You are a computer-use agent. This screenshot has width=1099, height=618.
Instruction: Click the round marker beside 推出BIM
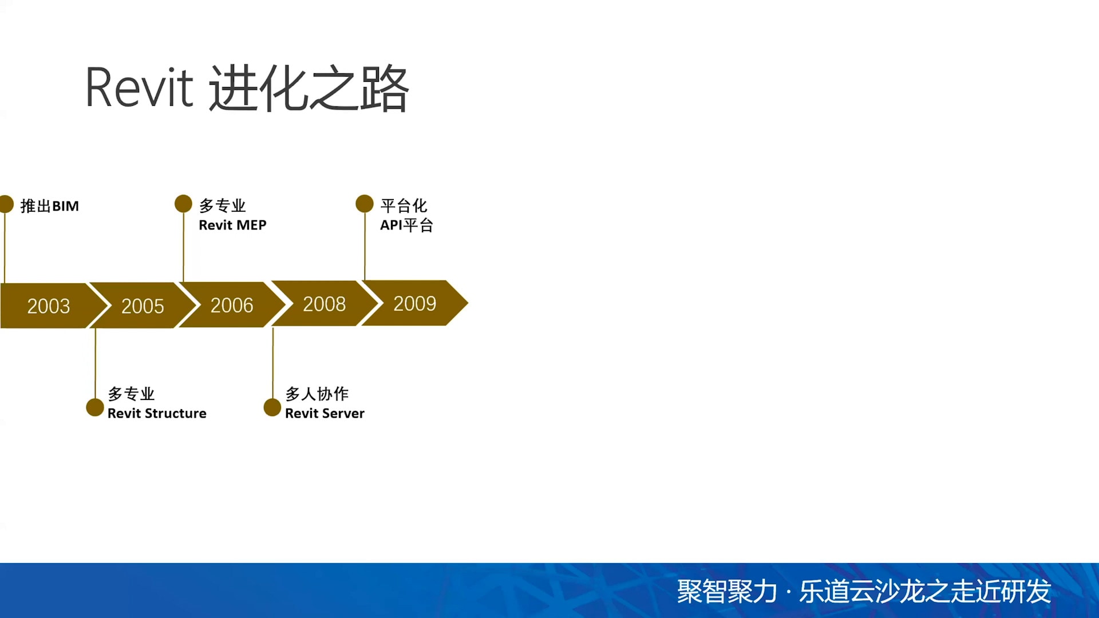tap(6, 204)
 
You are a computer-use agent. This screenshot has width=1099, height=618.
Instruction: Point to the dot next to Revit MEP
tap(183, 204)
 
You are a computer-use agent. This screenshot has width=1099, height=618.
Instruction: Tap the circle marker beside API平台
tap(365, 204)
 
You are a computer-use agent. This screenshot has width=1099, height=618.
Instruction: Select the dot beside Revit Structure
tap(95, 407)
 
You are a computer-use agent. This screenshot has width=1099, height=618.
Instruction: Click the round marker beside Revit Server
tap(272, 407)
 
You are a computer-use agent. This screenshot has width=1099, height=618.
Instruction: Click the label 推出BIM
tap(50, 206)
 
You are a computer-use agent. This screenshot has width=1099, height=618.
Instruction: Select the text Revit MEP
tap(232, 225)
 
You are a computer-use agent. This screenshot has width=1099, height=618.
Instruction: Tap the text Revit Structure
tap(157, 413)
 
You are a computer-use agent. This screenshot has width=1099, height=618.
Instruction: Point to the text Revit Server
tap(325, 413)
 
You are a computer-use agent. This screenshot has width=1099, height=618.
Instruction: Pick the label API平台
tap(406, 225)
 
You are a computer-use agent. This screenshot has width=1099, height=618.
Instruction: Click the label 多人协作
tap(317, 394)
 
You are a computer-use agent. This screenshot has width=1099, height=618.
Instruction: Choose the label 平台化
tap(404, 205)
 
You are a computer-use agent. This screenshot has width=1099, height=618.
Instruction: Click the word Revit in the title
tap(140, 88)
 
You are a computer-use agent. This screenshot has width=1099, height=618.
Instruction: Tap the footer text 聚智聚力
tap(727, 592)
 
